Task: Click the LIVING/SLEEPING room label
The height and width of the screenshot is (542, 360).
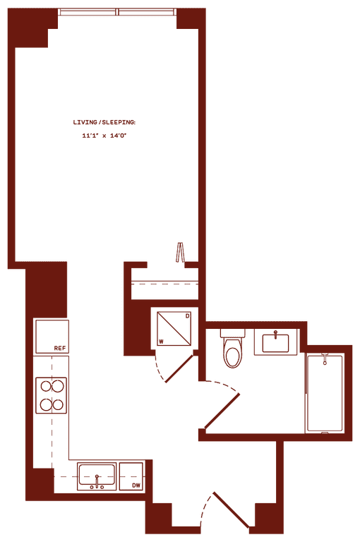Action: point(104,122)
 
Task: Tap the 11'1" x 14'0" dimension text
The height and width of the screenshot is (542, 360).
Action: point(104,135)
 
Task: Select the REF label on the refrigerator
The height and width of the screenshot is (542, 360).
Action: point(60,348)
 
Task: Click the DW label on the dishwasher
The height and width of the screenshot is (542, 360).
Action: point(137,486)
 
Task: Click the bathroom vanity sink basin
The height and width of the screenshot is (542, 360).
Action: point(275,343)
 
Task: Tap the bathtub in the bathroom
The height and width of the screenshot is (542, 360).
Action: point(325,393)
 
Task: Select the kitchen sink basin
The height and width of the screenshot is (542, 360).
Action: point(97,474)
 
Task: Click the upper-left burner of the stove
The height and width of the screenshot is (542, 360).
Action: point(47,386)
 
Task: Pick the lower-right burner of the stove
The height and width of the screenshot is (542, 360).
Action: point(59,404)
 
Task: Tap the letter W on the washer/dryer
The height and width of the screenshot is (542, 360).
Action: point(161,342)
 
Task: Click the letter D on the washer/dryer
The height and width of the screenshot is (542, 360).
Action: point(188,316)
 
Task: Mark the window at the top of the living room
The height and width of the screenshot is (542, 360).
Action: point(118,12)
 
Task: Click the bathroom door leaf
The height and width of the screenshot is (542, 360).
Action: point(222,411)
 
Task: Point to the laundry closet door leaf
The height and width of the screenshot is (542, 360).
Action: point(179,368)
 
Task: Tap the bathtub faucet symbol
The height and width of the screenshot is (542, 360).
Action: point(325,359)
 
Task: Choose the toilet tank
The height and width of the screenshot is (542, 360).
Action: point(233,333)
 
